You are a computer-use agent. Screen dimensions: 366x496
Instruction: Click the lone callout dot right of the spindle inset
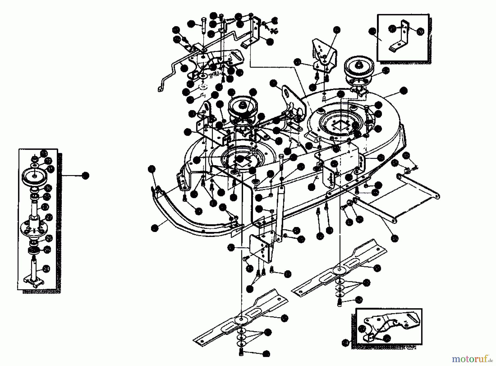point(86,175)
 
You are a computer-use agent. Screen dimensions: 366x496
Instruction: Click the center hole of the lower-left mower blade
point(242,319)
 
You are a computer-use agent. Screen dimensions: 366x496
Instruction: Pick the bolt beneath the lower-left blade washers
point(241,352)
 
